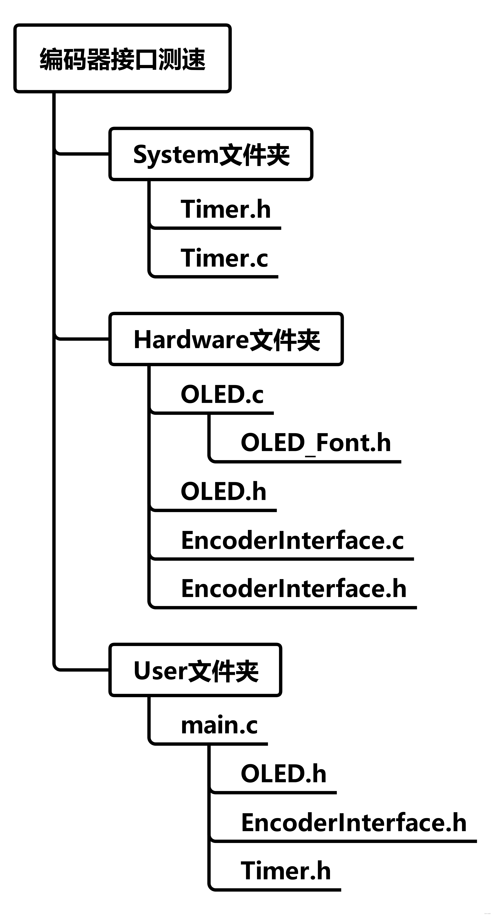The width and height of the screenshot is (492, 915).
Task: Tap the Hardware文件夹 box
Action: point(226,339)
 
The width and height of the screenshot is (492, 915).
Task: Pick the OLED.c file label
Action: point(222,394)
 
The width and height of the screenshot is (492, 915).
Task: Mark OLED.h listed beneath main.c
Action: point(284,774)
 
